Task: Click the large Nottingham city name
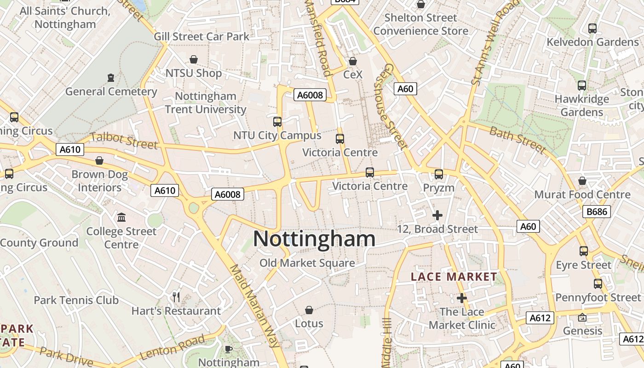314,239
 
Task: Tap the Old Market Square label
307,263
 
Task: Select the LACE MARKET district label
454,277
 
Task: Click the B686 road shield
597,212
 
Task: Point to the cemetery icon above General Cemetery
110,78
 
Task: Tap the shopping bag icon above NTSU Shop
194,59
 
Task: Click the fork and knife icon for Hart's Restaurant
176,297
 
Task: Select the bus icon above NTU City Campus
277,122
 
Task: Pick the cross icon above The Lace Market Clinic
462,298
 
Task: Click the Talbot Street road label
124,140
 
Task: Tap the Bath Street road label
517,140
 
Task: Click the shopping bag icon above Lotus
309,310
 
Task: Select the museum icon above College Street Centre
121,217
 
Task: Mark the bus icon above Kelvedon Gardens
592,29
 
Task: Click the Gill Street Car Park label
201,36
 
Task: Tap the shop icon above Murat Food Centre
582,181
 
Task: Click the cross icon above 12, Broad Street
437,215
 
